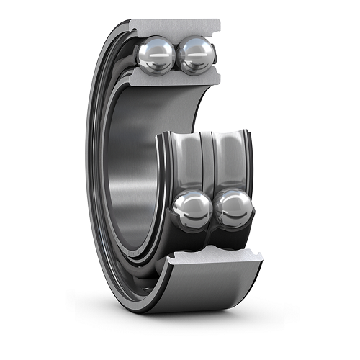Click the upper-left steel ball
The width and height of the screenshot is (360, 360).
pos(156,56)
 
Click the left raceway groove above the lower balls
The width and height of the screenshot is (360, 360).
pos(189,162)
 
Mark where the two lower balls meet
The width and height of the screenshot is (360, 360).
pos(212,210)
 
